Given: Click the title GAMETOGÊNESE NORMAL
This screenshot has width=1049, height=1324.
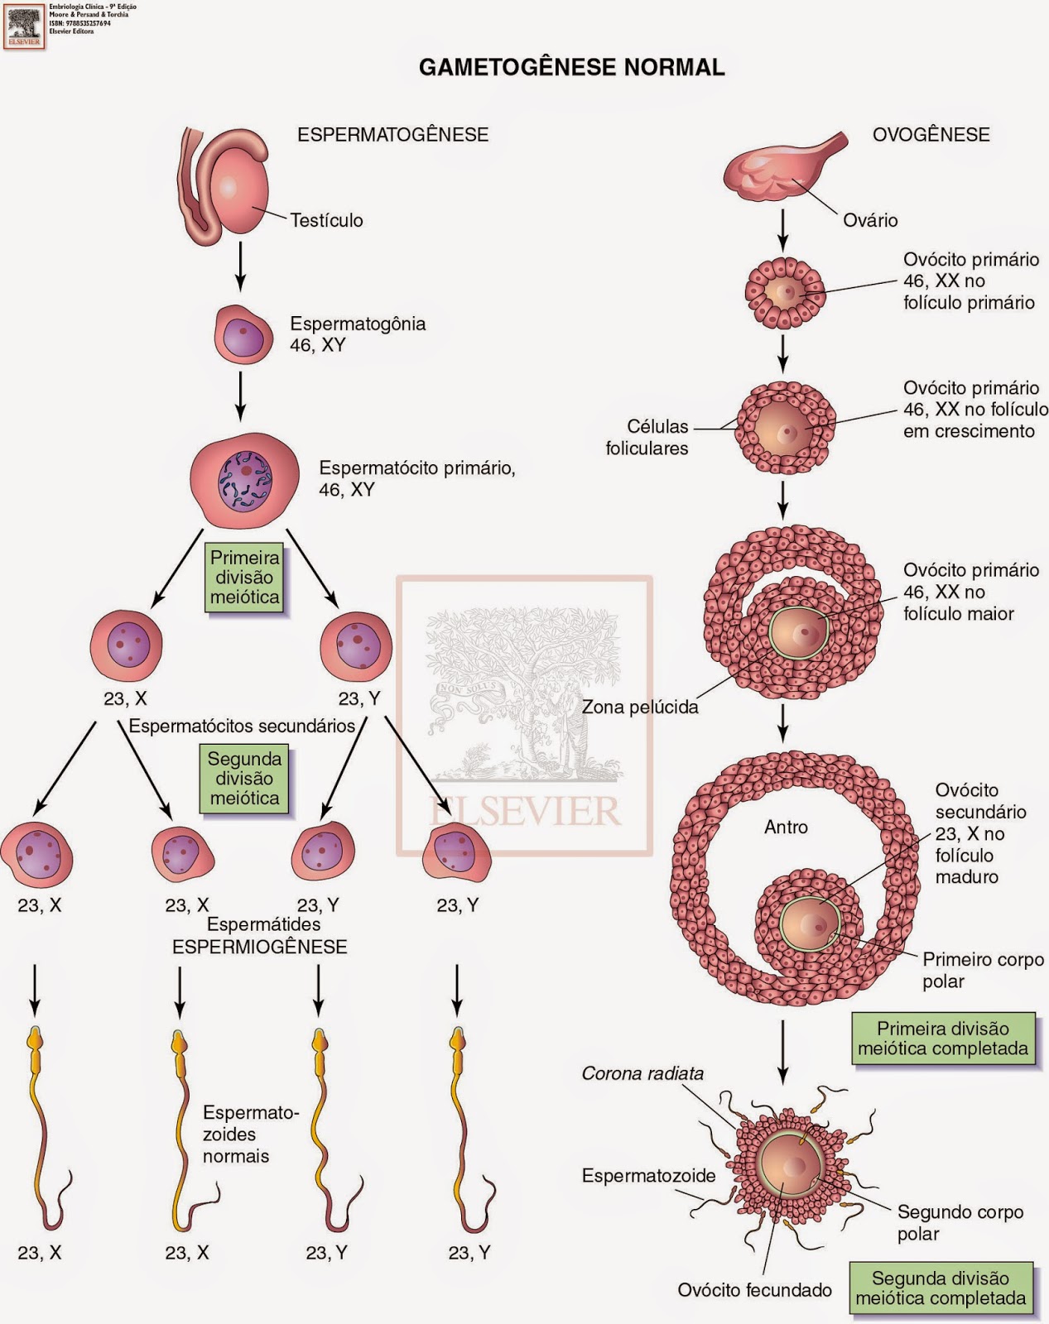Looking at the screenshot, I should pos(571,67).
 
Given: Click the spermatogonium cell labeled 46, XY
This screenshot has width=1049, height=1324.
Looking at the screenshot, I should pos(243,334).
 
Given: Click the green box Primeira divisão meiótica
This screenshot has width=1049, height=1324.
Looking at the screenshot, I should pos(245,578).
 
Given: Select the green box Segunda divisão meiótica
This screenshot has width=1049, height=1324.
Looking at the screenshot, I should pos(244,779).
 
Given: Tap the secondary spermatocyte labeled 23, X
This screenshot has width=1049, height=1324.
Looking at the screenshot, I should pos(126,646).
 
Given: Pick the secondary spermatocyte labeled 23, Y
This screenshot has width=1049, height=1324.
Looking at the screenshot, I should pos(356,646).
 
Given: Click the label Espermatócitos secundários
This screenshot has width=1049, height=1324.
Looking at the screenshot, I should pos(242,726).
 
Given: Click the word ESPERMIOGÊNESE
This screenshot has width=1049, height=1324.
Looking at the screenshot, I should pos(260,947).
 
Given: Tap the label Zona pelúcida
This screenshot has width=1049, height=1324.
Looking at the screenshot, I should pos(640,708).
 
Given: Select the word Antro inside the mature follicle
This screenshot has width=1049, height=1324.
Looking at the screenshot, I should pos(786,827).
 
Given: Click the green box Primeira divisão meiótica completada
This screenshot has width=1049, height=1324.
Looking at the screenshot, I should pos(943,1039).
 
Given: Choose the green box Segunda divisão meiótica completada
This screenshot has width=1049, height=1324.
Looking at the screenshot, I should pos(941,1288).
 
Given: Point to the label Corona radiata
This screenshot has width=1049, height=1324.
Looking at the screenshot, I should pos(642,1073).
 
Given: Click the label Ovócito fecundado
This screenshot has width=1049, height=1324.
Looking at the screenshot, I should pos(754,1290).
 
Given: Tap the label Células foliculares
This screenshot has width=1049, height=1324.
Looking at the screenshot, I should pos(647,437).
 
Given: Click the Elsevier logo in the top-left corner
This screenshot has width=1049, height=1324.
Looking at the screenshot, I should pos(24,26).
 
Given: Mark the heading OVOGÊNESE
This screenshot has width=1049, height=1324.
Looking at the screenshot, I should pos(931,135).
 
